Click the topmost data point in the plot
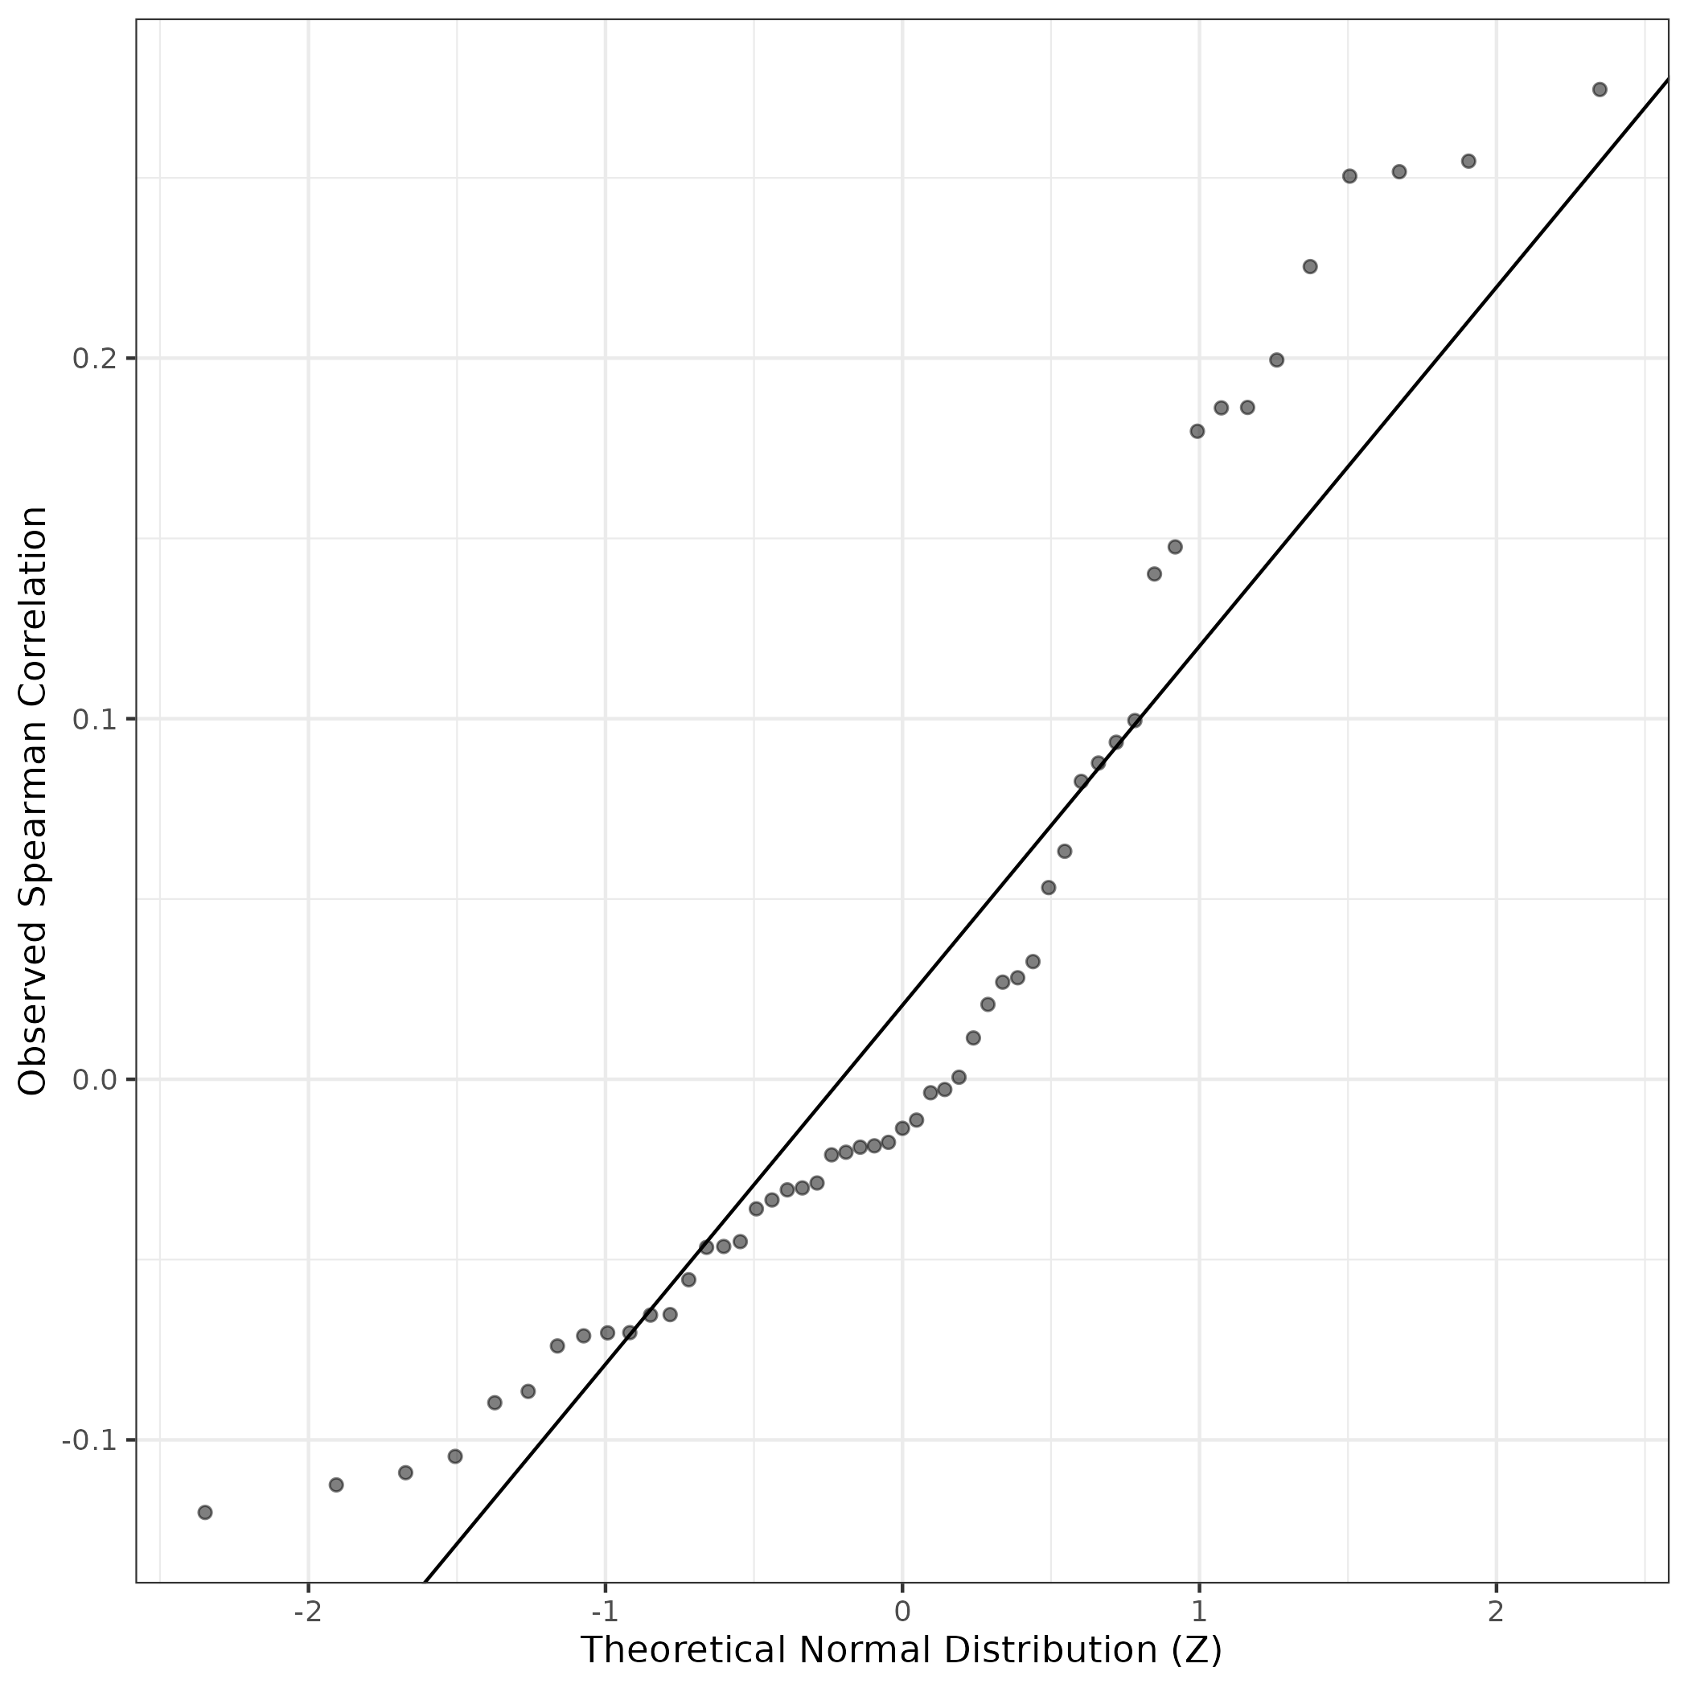1600,89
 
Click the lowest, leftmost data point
205,1513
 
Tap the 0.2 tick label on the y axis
94,359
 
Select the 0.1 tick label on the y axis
94,720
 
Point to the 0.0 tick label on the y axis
94,1081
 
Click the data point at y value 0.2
1276,360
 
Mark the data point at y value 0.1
1135,721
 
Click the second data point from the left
336,1485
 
